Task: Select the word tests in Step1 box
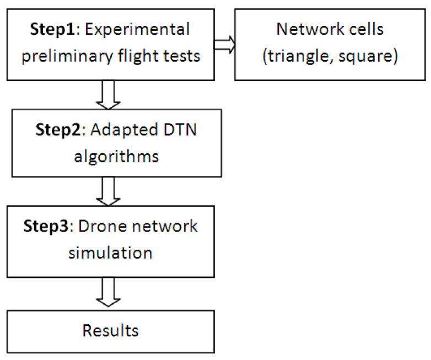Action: pyautogui.click(x=182, y=56)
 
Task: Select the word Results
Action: pyautogui.click(x=110, y=331)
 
